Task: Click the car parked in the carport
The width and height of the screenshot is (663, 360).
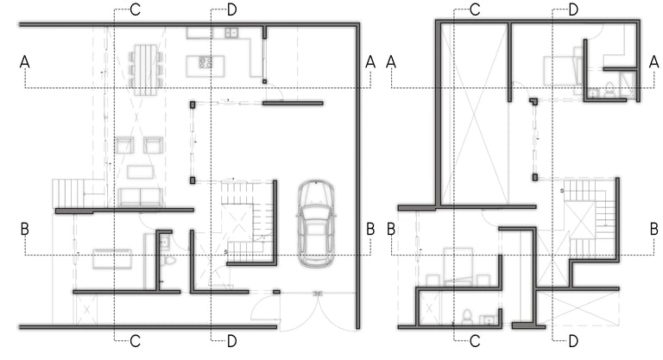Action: coord(316,224)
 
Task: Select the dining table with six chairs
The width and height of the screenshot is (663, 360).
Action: coord(145,69)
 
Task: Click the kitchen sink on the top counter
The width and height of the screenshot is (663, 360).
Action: coord(231,33)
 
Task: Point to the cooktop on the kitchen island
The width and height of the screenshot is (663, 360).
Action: coord(206,62)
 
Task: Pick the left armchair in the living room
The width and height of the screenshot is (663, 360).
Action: coord(124,145)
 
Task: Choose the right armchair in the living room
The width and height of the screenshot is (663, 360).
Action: coord(153,145)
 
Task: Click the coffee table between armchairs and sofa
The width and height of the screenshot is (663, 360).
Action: coord(141,172)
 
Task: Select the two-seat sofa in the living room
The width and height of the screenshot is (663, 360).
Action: coord(141,198)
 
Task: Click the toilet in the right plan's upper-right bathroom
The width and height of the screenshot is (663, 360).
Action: coord(609,90)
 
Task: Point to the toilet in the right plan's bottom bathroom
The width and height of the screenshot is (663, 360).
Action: coord(467,317)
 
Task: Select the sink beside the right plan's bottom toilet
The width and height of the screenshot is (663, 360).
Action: coord(489,319)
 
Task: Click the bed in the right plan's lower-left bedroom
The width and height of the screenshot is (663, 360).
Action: coord(458,267)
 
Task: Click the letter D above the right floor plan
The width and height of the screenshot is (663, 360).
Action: coord(573,9)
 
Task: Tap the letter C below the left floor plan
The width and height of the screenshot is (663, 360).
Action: coord(135,341)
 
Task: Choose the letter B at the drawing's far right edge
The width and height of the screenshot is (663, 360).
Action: coord(654,229)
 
